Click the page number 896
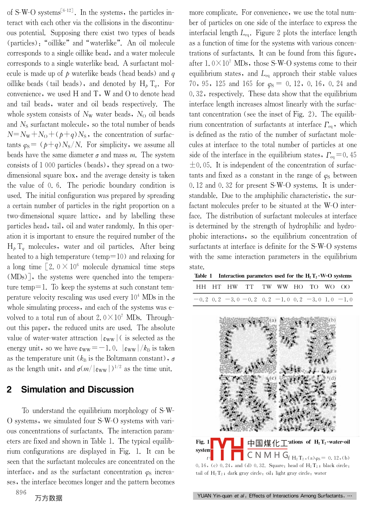21,492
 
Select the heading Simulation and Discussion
77,390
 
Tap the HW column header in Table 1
233,287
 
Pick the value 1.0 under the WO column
329,299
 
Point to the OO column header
345,287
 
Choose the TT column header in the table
250,287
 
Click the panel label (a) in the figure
273,320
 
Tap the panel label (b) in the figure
332,320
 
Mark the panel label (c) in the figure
273,378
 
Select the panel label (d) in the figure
332,378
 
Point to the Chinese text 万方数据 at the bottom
49,498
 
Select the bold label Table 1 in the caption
203,276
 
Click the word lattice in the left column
88,216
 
